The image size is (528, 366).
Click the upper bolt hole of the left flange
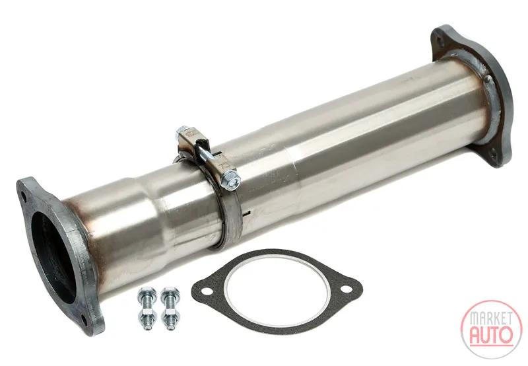24,195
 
